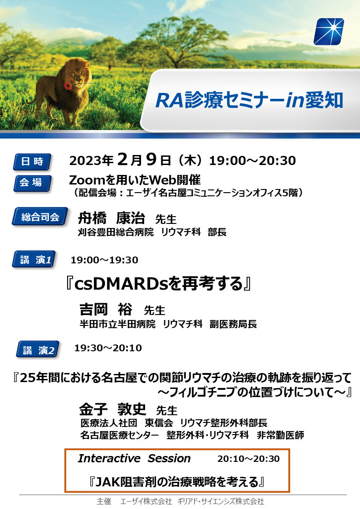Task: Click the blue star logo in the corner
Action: click(329, 31)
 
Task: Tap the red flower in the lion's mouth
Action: click(68, 86)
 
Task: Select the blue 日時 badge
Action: click(32, 162)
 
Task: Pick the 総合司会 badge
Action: click(40, 217)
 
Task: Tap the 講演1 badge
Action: click(34, 259)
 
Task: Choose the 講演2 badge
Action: click(38, 349)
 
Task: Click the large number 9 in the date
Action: click(151, 160)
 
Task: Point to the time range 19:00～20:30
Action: click(253, 161)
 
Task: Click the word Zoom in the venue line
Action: click(86, 180)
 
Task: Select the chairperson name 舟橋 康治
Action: click(112, 218)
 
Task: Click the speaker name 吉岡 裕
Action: click(106, 310)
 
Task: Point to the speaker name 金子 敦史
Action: click(112, 409)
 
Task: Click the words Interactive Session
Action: click(134, 458)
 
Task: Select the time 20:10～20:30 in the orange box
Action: click(248, 459)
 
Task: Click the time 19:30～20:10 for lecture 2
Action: click(108, 348)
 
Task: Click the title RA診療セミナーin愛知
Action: click(249, 100)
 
